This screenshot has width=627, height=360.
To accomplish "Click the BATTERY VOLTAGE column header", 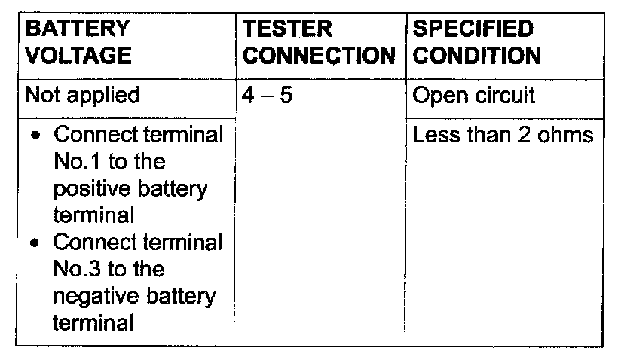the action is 78,42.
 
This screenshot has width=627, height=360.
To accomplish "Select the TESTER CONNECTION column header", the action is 320,42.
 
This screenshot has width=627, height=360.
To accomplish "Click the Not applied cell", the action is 82,96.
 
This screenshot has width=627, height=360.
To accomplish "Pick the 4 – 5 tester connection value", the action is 268,96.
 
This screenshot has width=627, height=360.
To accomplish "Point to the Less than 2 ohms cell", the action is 503,136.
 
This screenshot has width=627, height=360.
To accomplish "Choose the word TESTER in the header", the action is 288,29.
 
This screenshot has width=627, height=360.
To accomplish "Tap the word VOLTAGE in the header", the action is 78,55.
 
